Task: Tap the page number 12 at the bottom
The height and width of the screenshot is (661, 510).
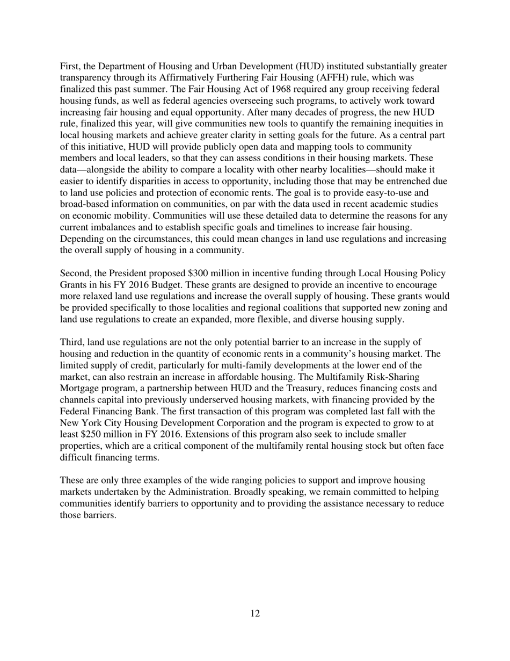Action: [255, 614]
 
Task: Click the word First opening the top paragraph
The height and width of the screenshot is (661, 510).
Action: [70, 66]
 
